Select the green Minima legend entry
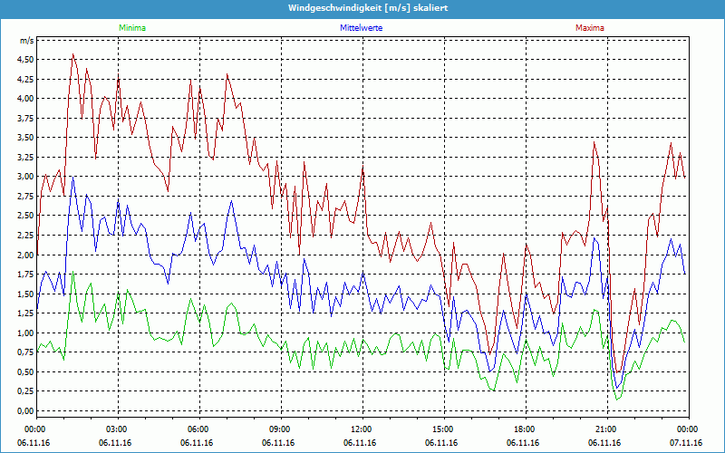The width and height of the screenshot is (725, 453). coord(132,28)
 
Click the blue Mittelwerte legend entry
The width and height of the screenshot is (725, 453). coord(360,28)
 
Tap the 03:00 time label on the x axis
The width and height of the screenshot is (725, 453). coord(116,429)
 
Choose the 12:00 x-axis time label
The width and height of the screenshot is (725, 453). coord(361,429)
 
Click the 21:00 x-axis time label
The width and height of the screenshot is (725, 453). coord(605,429)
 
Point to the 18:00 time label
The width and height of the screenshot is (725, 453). coord(524,429)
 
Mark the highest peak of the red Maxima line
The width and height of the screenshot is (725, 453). coord(73,54)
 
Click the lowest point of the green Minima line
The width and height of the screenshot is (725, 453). coord(617,400)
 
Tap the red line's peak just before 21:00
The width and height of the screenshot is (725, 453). coord(594,142)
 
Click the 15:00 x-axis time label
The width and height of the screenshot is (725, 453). coord(442,429)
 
